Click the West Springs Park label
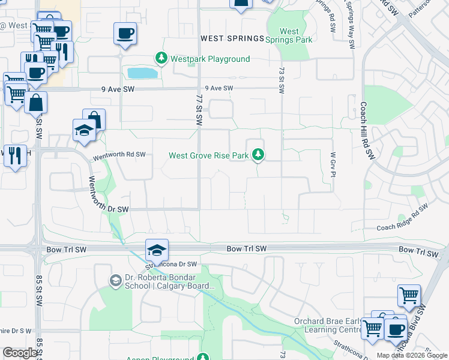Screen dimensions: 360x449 (289, 35)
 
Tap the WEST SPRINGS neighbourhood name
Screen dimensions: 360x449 (232, 38)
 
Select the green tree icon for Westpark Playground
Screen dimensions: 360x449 (161, 59)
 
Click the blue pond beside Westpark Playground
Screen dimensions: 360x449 (142, 73)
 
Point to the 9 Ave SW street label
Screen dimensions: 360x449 (218, 88)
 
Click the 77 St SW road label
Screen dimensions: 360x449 (199, 108)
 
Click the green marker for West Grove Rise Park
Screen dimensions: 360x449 (258, 155)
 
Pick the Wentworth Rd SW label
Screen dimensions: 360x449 (119, 155)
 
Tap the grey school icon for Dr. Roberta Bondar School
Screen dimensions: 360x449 (115, 280)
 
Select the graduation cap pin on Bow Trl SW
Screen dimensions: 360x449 (157, 249)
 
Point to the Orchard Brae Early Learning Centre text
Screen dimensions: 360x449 (327, 325)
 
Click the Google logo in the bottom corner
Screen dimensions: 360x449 (20, 352)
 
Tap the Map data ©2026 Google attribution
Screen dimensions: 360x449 (412, 355)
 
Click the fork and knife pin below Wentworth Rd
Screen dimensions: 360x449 (15, 156)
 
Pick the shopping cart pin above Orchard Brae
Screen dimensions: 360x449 (409, 295)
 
